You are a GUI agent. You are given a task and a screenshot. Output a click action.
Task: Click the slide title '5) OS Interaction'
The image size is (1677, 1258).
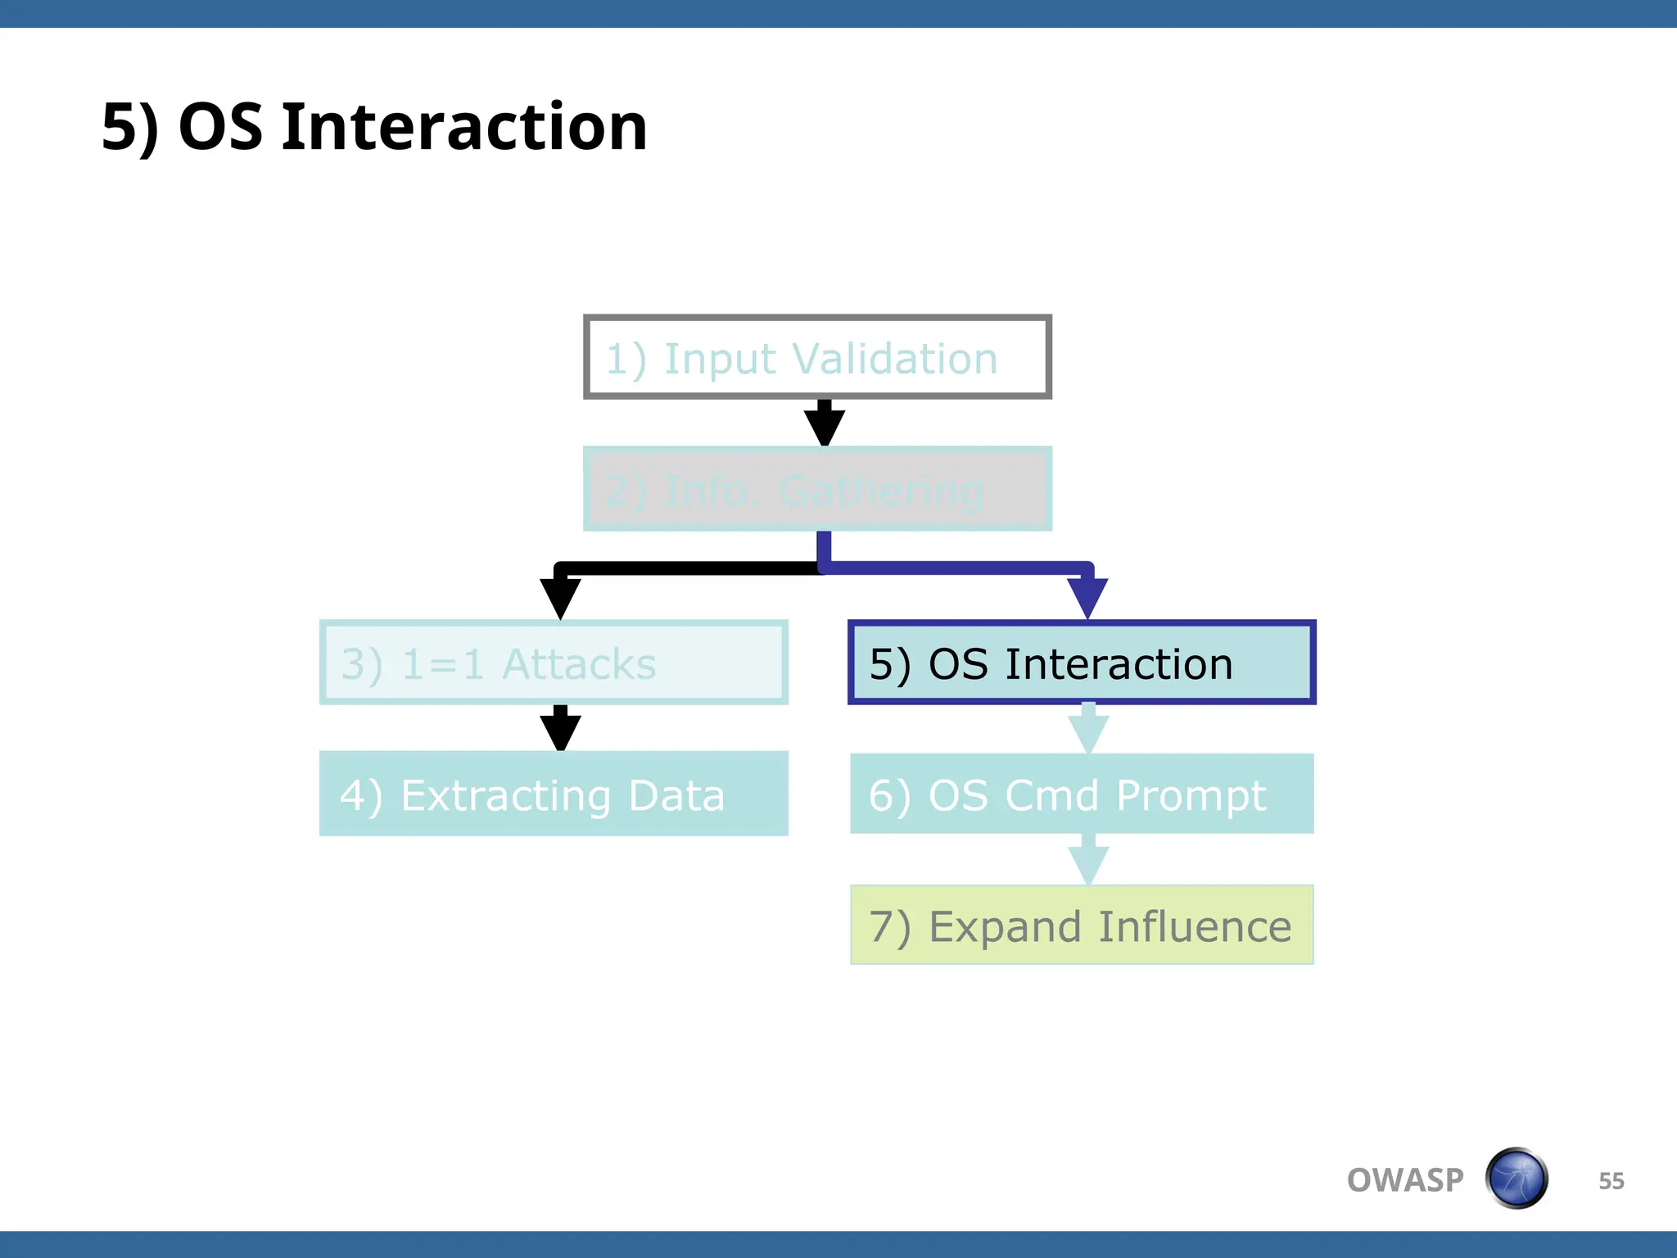(x=374, y=128)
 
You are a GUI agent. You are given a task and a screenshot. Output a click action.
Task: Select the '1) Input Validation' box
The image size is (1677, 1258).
(x=816, y=358)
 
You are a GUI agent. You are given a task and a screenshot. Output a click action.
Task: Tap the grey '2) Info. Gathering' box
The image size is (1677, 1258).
(x=816, y=490)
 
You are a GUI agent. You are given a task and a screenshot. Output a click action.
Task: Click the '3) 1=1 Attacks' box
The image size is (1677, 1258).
(x=554, y=663)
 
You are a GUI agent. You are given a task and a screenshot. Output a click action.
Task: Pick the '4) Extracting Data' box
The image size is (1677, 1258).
(x=554, y=794)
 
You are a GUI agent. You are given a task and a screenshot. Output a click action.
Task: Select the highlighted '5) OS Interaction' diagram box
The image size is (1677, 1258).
(x=1081, y=663)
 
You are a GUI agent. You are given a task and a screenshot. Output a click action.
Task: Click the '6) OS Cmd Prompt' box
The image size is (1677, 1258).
(x=1081, y=794)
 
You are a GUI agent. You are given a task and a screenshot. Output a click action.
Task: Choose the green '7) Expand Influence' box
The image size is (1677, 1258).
(x=1081, y=925)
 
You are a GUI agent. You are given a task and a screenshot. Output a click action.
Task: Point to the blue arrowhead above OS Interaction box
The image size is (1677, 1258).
(x=1087, y=596)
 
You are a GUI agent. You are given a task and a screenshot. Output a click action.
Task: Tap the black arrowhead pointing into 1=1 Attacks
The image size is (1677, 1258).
(x=560, y=596)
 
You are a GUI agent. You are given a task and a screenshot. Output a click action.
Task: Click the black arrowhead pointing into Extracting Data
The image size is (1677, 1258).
(x=560, y=731)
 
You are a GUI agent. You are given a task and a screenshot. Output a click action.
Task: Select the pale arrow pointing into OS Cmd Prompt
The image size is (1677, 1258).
(x=1088, y=731)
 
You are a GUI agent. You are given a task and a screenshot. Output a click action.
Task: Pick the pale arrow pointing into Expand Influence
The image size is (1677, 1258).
(x=1088, y=863)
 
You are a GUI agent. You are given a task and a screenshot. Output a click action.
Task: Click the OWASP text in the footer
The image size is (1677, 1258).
(x=1404, y=1180)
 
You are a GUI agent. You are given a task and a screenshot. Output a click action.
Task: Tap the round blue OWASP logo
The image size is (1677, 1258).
(x=1517, y=1179)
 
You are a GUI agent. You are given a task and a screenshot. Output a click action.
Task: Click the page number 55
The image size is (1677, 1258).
(x=1611, y=1181)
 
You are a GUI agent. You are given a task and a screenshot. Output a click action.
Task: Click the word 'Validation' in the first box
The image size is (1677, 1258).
(x=895, y=359)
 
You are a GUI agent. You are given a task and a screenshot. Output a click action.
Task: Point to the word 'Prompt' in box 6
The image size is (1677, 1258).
(x=1191, y=795)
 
